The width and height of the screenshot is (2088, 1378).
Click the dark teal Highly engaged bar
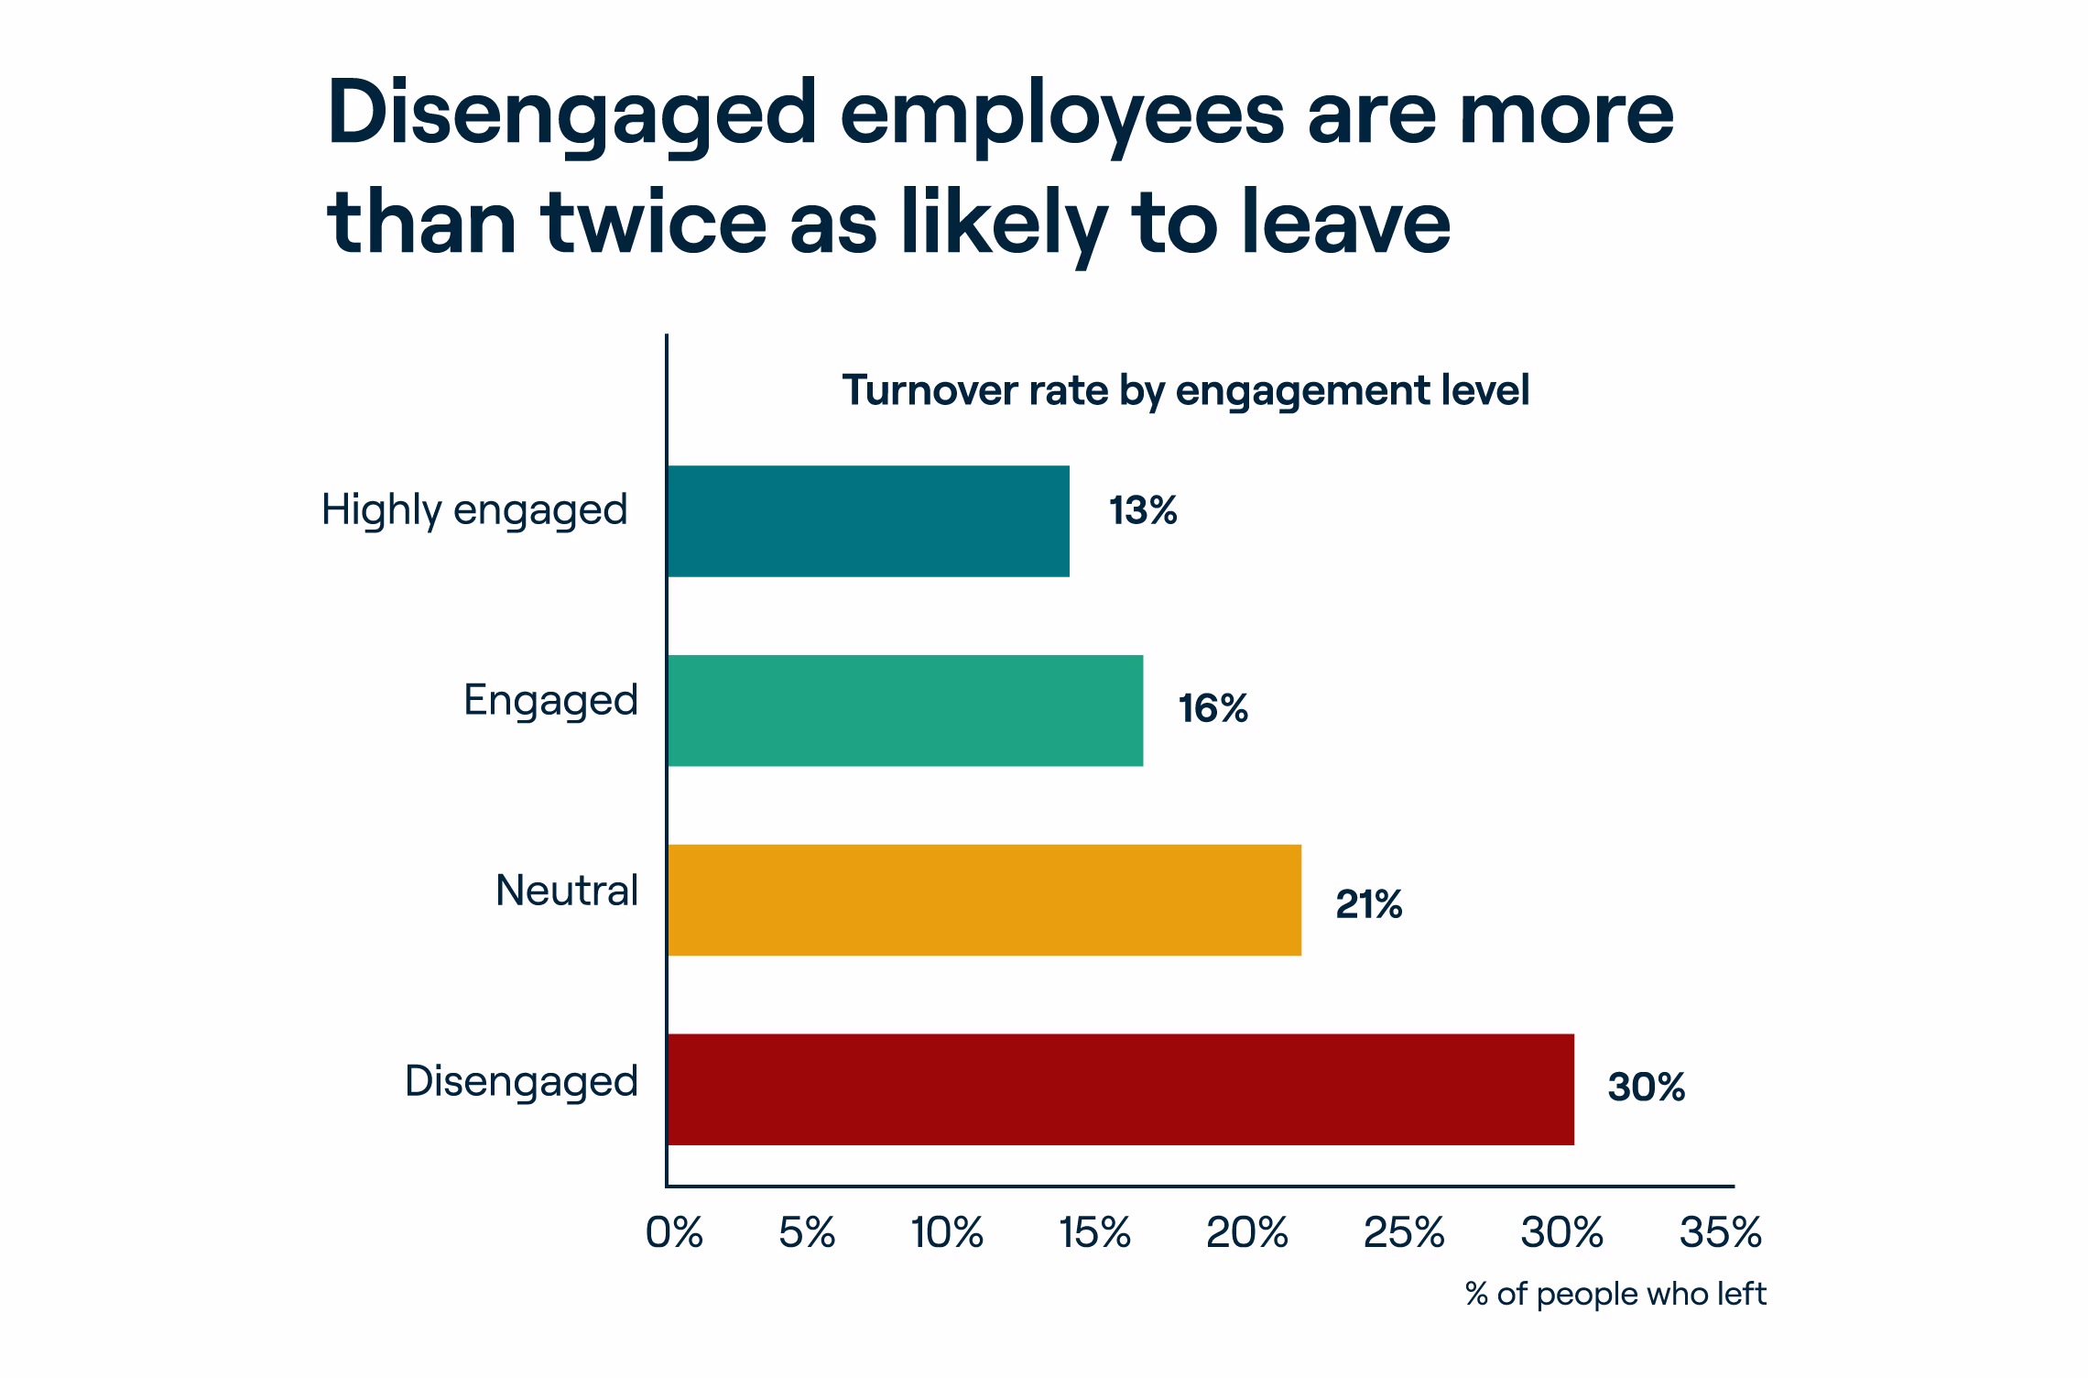pyautogui.click(x=868, y=521)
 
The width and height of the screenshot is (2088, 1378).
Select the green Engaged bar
pyautogui.click(x=905, y=711)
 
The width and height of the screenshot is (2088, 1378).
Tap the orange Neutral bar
pyautogui.click(x=984, y=900)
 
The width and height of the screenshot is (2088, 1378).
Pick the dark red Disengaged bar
pyautogui.click(x=1120, y=1089)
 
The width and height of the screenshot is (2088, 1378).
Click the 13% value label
pyautogui.click(x=1143, y=511)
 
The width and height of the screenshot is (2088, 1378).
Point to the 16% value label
pyautogui.click(x=1213, y=709)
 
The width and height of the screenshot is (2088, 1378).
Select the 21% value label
pyautogui.click(x=1368, y=905)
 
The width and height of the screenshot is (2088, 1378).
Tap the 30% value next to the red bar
pyautogui.click(x=1646, y=1088)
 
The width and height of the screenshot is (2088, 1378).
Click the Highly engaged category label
pyautogui.click(x=474, y=510)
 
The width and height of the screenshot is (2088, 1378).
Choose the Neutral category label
pyautogui.click(x=566, y=891)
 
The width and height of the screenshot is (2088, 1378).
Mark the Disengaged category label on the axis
pyautogui.click(x=521, y=1082)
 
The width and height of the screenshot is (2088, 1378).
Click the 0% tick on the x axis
pyautogui.click(x=674, y=1234)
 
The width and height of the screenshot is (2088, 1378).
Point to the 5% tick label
pyautogui.click(x=807, y=1234)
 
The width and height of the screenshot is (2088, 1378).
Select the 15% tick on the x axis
pyautogui.click(x=1094, y=1234)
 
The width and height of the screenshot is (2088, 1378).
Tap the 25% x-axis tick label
pyautogui.click(x=1404, y=1234)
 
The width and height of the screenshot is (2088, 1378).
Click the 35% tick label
pyautogui.click(x=1720, y=1234)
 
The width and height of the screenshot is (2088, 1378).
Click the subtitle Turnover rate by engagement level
pyautogui.click(x=1185, y=390)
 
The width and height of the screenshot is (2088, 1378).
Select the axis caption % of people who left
pyautogui.click(x=1615, y=1294)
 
